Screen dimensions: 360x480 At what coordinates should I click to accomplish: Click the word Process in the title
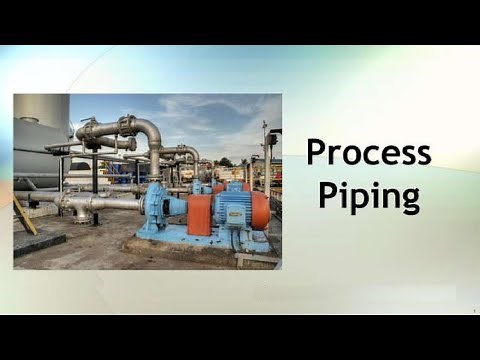pyautogui.click(x=368, y=153)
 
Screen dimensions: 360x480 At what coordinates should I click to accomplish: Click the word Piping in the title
pyautogui.click(x=368, y=194)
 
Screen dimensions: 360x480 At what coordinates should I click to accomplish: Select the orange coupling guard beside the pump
pyautogui.click(x=200, y=214)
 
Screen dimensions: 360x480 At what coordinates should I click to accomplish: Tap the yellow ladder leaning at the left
pyautogui.click(x=24, y=215)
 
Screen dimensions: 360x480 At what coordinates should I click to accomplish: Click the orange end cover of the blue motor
pyautogui.click(x=260, y=211)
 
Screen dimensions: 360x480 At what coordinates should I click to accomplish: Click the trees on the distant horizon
pyautogui.click(x=226, y=161)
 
